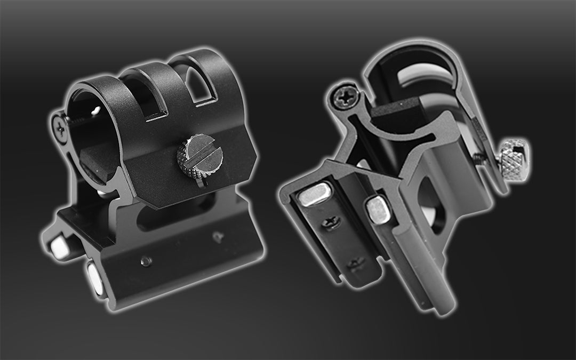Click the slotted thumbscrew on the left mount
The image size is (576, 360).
[x=200, y=155]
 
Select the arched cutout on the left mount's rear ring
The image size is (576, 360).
[x=202, y=87]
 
